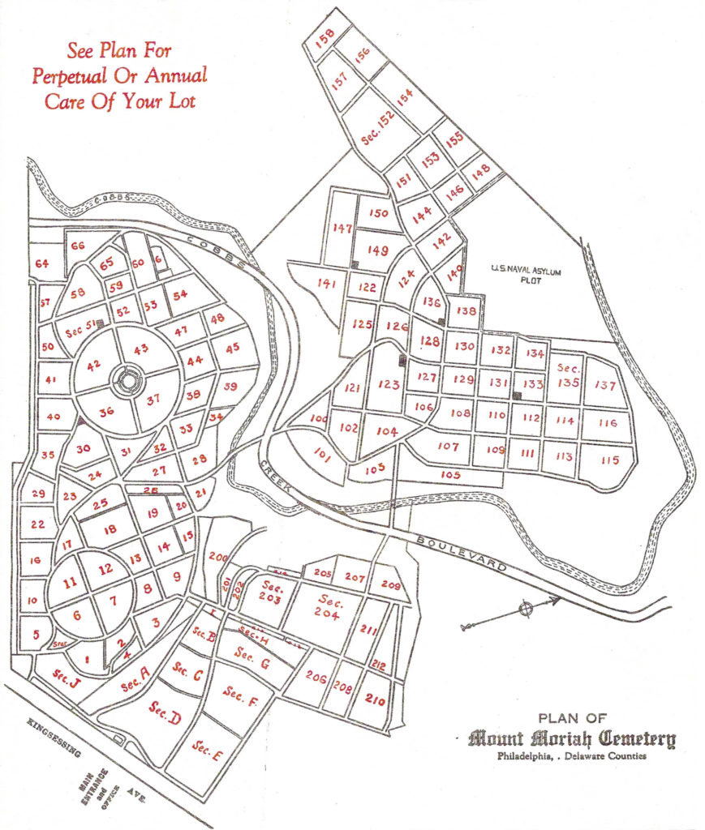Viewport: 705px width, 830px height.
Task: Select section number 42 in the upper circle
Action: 94,365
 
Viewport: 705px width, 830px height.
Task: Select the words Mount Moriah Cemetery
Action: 572,738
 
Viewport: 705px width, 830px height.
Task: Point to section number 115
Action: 610,460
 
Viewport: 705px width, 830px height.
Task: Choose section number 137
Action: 605,385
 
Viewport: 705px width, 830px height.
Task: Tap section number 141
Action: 327,284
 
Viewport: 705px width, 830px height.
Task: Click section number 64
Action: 42,263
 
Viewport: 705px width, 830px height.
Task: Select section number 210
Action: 375,700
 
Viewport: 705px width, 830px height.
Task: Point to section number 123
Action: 389,384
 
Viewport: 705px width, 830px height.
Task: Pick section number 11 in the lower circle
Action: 70,580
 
